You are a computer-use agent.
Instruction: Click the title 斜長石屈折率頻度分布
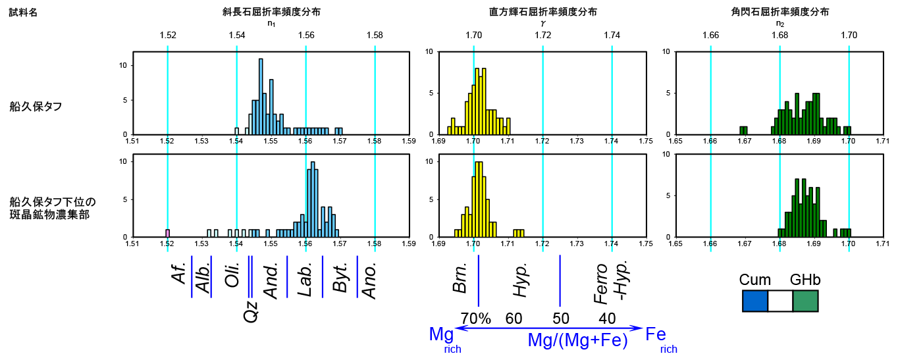click(x=271, y=12)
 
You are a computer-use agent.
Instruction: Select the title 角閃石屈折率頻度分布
click(x=779, y=12)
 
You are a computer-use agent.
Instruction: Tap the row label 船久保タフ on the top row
click(x=36, y=106)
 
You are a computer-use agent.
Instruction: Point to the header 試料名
click(x=23, y=13)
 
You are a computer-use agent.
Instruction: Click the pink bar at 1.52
click(x=168, y=233)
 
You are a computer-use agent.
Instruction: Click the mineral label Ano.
click(x=371, y=281)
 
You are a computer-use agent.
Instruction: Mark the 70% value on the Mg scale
click(x=475, y=319)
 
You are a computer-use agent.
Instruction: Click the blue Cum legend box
click(x=755, y=301)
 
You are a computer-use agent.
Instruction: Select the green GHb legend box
click(x=805, y=301)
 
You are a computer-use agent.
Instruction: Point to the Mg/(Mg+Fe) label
click(x=577, y=340)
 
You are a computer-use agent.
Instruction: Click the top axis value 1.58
click(x=375, y=35)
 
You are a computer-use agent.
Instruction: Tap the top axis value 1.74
click(x=612, y=35)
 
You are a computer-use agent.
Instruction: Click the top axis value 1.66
click(x=710, y=35)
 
